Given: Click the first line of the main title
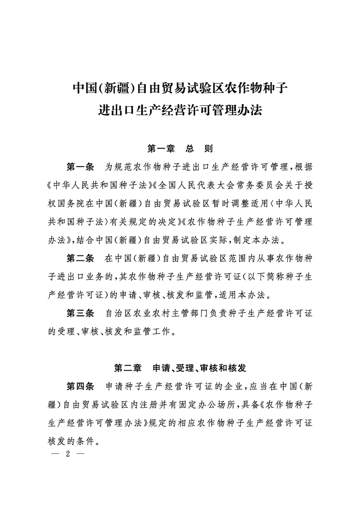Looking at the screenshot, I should (x=180, y=88).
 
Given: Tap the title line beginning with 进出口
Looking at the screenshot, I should (x=180, y=110).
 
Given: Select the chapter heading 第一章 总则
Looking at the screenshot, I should (x=180, y=148).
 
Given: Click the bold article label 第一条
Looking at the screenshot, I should (x=80, y=166).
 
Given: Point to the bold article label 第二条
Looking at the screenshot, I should (x=80, y=259).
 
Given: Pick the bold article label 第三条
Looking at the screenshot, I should (x=80, y=313).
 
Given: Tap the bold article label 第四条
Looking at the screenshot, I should (x=80, y=387).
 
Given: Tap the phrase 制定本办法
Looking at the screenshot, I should (x=261, y=240).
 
